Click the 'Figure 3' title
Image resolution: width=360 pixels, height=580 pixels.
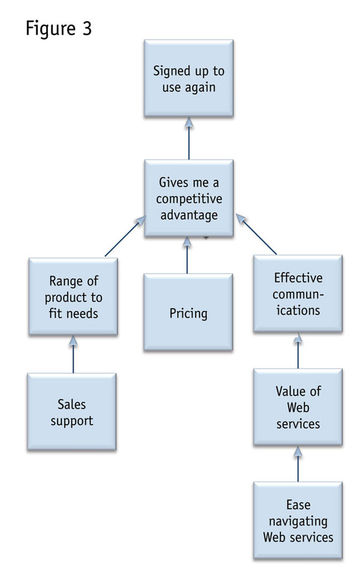59,28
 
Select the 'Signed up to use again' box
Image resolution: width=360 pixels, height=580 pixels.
189,78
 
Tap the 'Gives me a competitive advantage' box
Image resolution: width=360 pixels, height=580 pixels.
189,198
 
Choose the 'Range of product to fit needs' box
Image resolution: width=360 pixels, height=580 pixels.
73,296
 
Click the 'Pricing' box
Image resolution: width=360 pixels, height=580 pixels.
188,312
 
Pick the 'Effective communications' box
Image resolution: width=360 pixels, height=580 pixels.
298,294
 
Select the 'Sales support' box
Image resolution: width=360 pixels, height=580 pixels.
71,412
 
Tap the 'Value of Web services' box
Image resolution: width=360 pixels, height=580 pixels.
298,407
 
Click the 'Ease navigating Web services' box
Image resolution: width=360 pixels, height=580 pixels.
298,520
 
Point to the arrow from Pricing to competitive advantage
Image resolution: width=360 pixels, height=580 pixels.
188,256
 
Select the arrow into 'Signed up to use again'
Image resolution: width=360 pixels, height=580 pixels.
189,139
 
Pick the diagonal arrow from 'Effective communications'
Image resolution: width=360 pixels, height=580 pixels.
257,235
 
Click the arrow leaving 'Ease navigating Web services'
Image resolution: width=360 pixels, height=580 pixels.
298,464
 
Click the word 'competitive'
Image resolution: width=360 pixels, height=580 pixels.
189,199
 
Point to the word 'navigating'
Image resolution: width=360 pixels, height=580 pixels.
298,520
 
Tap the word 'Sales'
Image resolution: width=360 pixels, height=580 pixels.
72,404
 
